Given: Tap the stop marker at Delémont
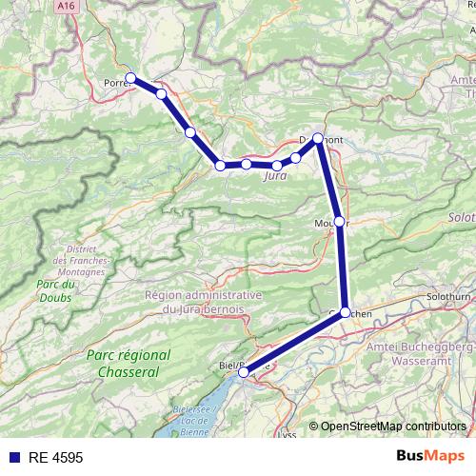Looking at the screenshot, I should (318, 138).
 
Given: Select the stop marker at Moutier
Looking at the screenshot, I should (340, 222).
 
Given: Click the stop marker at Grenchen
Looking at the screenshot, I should (346, 311).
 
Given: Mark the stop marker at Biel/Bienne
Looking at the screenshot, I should (244, 372).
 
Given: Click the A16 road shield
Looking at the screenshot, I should (66, 6).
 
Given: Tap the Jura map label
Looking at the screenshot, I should (274, 176).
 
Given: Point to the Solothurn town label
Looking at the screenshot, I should (449, 296).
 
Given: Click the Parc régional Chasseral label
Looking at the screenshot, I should (129, 363).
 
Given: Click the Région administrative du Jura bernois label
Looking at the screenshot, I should (204, 302).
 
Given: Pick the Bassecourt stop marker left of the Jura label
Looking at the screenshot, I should (220, 166).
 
